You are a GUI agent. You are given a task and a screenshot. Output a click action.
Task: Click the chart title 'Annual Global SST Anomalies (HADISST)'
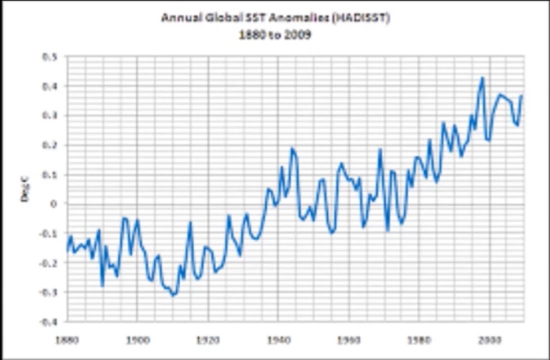[x=275, y=17]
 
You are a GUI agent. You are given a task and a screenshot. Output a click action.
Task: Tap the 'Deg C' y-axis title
[x=25, y=189]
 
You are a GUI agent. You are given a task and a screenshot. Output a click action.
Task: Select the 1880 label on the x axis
[x=66, y=340]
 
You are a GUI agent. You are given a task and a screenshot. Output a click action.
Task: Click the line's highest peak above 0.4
[x=482, y=78]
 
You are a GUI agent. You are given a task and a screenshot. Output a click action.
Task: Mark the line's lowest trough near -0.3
[x=173, y=295]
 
